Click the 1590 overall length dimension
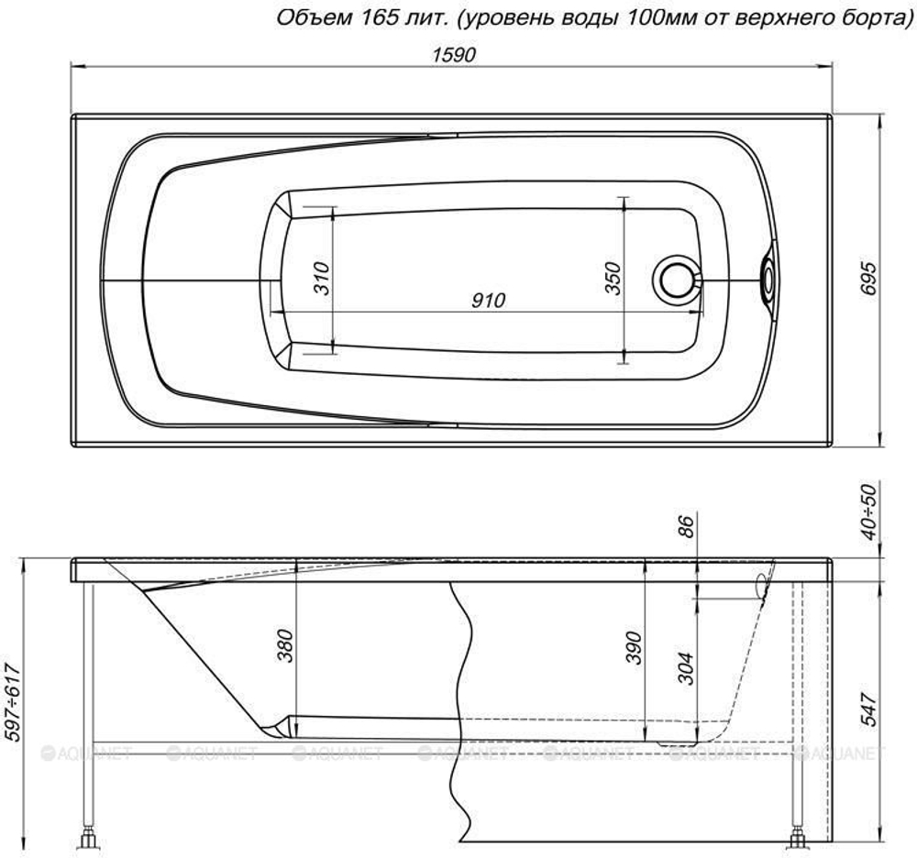pos(455,55)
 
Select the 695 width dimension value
pos(869,279)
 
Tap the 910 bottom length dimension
pos(488,300)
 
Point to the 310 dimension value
pos(322,278)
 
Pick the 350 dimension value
pos(612,278)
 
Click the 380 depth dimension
pos(285,645)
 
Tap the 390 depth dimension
pos(634,647)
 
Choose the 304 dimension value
pos(685,668)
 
